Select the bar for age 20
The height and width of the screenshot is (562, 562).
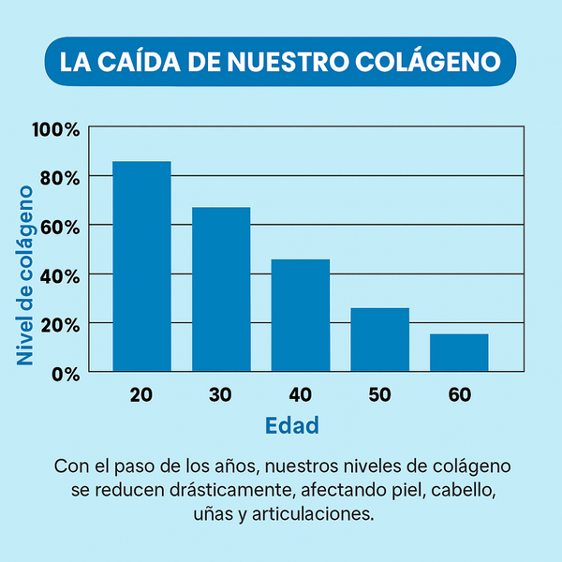141,266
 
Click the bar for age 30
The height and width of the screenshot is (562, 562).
221,288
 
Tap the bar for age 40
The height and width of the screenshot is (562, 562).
301,315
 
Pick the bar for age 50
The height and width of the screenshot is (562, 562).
379,339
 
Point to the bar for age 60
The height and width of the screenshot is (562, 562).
459,352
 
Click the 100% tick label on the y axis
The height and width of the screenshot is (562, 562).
56,128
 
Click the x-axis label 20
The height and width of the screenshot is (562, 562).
141,395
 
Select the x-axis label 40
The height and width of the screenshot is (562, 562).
301,395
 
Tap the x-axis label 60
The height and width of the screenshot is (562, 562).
459,395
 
